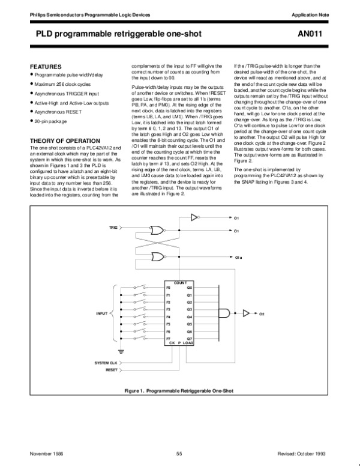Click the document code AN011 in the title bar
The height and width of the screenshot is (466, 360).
click(326, 35)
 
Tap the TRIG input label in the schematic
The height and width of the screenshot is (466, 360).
click(113, 229)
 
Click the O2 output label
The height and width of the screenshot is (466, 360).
click(262, 313)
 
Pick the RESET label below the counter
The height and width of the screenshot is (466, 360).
click(112, 371)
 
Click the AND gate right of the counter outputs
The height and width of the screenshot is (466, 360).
click(224, 312)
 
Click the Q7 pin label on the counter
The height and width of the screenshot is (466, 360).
click(190, 339)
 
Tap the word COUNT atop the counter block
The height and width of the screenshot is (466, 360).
click(180, 282)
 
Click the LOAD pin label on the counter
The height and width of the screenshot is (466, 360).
click(189, 343)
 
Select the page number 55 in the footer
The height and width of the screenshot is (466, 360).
click(179, 453)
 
